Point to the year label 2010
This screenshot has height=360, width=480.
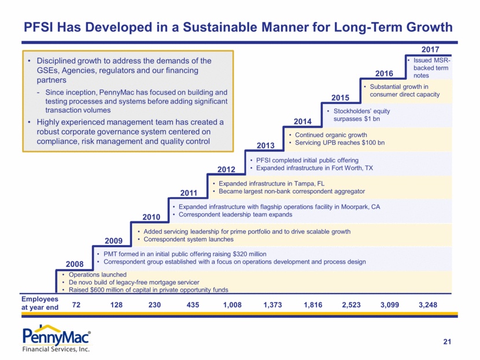tap(152, 216)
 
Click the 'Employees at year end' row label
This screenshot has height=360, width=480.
tap(40, 303)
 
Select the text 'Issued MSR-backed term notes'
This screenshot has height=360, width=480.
tap(430, 68)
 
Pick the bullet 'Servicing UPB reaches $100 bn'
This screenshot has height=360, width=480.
tap(339, 142)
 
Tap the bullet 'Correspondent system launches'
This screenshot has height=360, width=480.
tap(189, 239)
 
